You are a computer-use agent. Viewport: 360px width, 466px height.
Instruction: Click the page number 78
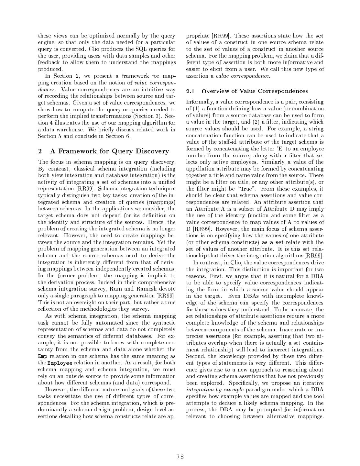pyautogui.click(x=180, y=457)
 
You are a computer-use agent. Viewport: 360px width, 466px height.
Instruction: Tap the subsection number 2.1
pyautogui.click(x=190, y=91)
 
